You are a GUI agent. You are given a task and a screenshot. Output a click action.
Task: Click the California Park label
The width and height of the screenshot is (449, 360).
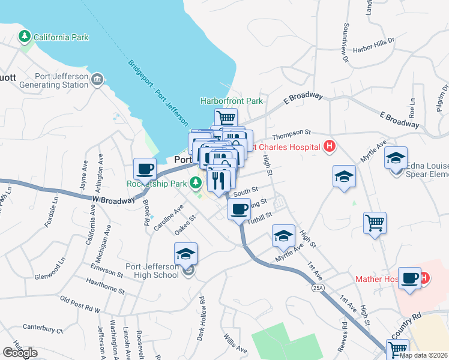pos(61,37)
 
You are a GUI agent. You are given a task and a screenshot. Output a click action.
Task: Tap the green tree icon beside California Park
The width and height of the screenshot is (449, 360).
pos(25,37)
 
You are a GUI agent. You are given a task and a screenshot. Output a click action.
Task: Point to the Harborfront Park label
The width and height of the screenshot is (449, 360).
pos(231,101)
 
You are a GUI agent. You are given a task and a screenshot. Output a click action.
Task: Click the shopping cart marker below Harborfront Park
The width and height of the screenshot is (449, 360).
pos(226,118)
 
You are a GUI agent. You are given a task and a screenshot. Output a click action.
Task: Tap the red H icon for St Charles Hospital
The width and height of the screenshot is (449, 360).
pos(329,146)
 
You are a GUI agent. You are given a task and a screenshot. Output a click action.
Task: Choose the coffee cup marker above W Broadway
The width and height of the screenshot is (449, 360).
pos(145,169)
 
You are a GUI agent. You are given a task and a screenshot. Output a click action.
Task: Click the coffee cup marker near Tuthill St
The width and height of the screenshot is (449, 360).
pos(239,209)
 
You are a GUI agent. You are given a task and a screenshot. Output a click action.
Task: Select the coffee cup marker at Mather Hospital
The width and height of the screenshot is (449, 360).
pos(409,278)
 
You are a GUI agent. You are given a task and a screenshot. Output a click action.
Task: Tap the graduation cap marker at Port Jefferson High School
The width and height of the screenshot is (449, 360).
pos(186,254)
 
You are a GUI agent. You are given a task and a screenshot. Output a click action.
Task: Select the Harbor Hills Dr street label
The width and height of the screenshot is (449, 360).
pos(375,43)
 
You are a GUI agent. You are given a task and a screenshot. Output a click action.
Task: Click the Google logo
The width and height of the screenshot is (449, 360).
pos(20,353)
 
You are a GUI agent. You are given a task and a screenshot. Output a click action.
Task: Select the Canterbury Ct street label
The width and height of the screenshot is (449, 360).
pos(43,328)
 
